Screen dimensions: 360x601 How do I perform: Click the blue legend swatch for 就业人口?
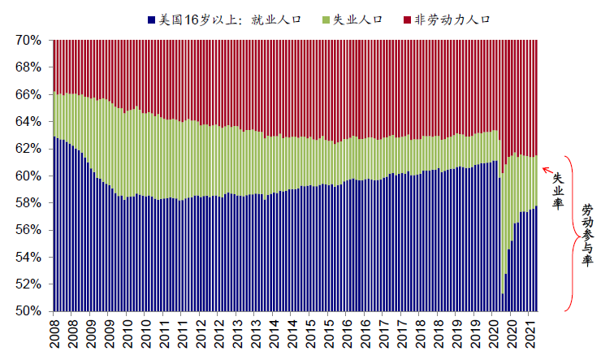click(151, 17)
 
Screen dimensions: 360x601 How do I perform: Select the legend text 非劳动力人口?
click(451, 17)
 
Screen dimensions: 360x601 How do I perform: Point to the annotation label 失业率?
click(558, 190)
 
